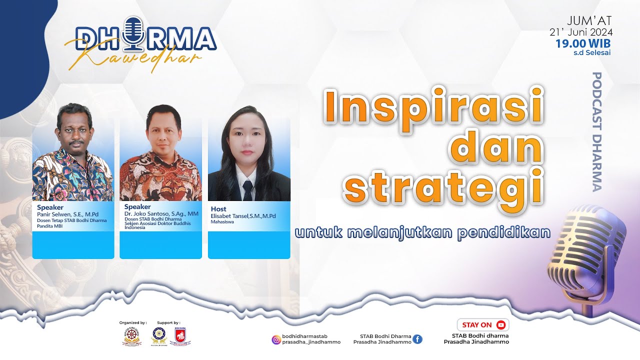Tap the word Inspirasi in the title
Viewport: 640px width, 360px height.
433,106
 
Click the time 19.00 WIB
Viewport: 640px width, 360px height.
583,43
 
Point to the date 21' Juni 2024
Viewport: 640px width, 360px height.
581,32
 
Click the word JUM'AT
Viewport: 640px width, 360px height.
589,20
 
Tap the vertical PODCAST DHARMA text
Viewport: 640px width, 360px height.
597,131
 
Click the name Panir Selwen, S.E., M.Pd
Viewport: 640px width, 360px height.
67,214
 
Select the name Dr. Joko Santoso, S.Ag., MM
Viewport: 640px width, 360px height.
161,213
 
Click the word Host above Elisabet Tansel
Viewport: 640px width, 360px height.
218,209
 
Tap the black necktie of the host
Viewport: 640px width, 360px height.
247,190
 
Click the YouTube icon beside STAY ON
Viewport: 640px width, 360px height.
501,325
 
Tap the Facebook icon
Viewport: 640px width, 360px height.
417,339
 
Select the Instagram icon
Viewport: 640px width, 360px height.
276,339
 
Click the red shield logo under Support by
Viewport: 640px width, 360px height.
180,336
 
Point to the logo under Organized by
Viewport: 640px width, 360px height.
131,336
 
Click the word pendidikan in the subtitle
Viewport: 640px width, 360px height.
503,232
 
